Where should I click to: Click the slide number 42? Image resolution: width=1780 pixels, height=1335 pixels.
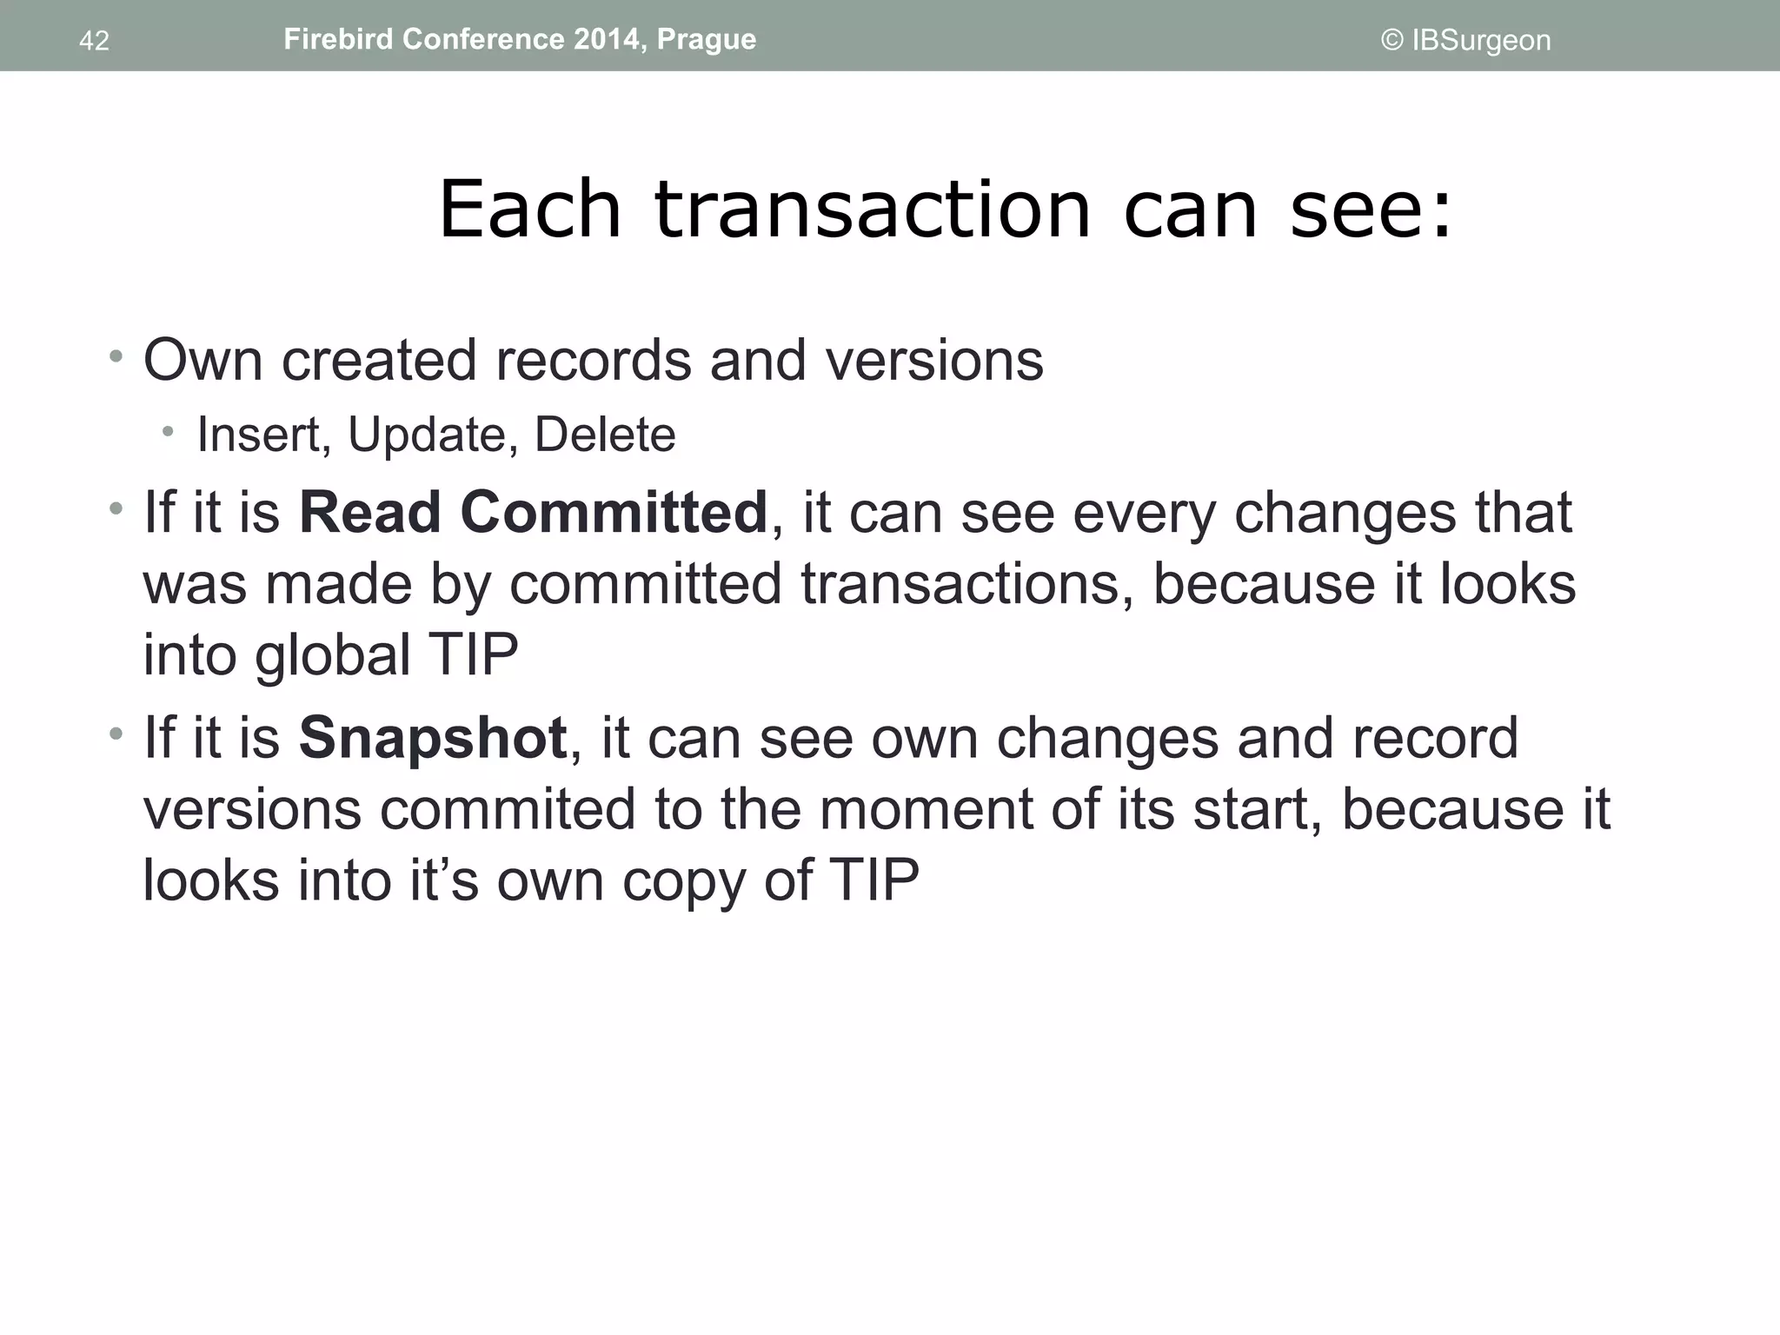pyautogui.click(x=94, y=41)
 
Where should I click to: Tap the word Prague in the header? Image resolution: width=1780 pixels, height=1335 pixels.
pyautogui.click(x=706, y=39)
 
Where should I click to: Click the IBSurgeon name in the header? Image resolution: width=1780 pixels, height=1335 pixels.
pyautogui.click(x=1481, y=40)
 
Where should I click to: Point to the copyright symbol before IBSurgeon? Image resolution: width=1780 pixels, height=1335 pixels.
pyautogui.click(x=1391, y=40)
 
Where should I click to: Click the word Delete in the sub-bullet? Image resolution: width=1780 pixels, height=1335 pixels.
pyautogui.click(x=605, y=435)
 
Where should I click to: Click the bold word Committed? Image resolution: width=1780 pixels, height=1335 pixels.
pyautogui.click(x=614, y=512)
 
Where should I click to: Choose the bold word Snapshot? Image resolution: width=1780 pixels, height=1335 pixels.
pyautogui.click(x=432, y=739)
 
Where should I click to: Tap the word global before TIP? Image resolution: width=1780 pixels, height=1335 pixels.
pyautogui.click(x=332, y=655)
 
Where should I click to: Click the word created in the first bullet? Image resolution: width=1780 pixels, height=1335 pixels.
pyautogui.click(x=379, y=360)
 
